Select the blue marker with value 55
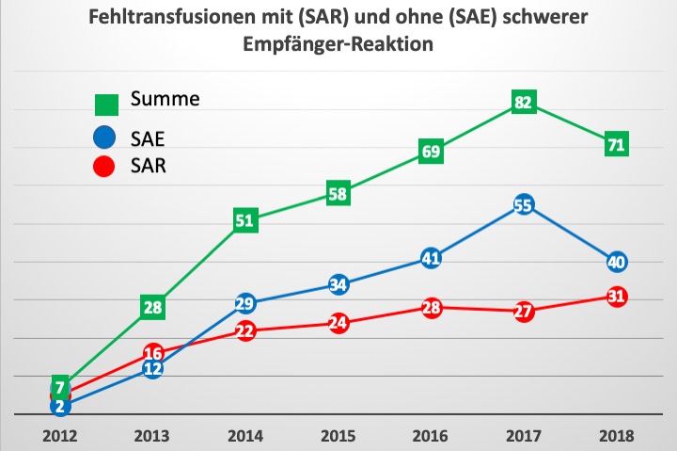(524, 205)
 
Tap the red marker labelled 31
(616, 297)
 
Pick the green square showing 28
(153, 307)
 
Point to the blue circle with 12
(153, 368)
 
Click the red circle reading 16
(153, 353)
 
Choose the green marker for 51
(245, 220)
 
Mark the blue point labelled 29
(245, 303)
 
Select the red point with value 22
(245, 330)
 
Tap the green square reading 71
(616, 144)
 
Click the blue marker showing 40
(616, 262)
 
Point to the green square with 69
(431, 152)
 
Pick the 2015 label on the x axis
(338, 436)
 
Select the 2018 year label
(616, 436)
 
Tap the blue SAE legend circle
(105, 138)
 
